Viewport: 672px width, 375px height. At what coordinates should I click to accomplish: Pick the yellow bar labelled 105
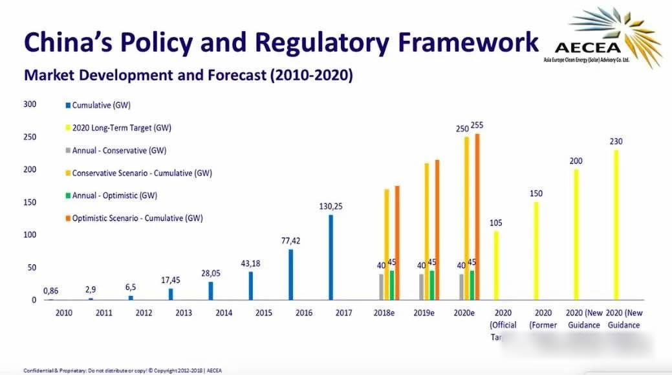496,265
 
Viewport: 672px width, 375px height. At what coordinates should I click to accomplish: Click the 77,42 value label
291,240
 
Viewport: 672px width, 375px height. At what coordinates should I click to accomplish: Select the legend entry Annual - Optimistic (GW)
114,196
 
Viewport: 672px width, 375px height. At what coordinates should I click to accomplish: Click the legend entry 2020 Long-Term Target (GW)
122,128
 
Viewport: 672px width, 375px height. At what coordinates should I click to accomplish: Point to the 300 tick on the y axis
30,104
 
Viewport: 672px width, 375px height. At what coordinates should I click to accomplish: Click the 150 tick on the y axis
30,202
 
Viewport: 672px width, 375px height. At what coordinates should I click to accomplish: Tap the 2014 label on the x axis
224,313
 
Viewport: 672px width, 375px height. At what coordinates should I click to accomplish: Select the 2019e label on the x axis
425,313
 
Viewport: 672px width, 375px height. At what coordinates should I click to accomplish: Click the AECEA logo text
588,47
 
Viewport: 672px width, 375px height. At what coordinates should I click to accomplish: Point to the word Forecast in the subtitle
233,75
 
